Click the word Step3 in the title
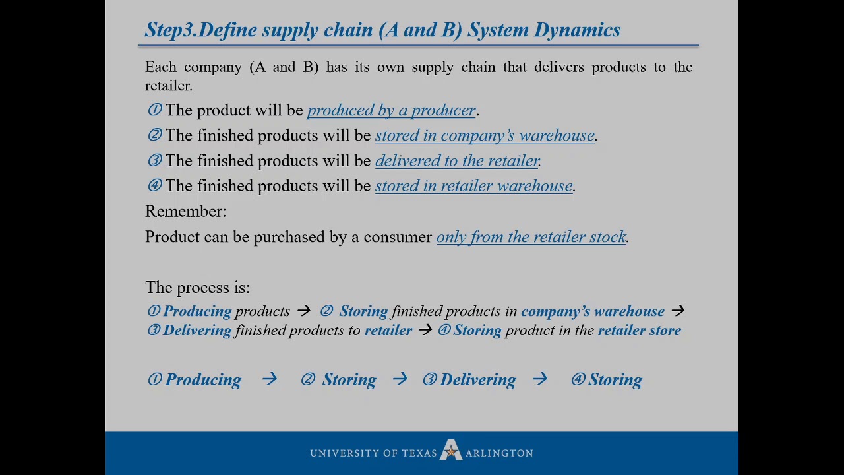169,30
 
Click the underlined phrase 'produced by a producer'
391,110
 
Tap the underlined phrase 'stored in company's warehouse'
485,135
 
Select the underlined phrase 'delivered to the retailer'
457,161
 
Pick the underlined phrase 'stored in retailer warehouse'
473,186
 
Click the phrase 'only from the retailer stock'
531,237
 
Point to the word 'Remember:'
185,211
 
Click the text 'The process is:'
197,288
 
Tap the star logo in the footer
451,451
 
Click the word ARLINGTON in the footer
499,453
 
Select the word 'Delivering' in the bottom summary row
477,380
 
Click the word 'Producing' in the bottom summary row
203,380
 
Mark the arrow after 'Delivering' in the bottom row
539,379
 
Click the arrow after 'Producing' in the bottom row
269,379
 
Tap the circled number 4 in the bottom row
578,379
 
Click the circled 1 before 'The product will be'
154,110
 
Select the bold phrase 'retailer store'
639,331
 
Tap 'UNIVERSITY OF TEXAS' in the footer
373,453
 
